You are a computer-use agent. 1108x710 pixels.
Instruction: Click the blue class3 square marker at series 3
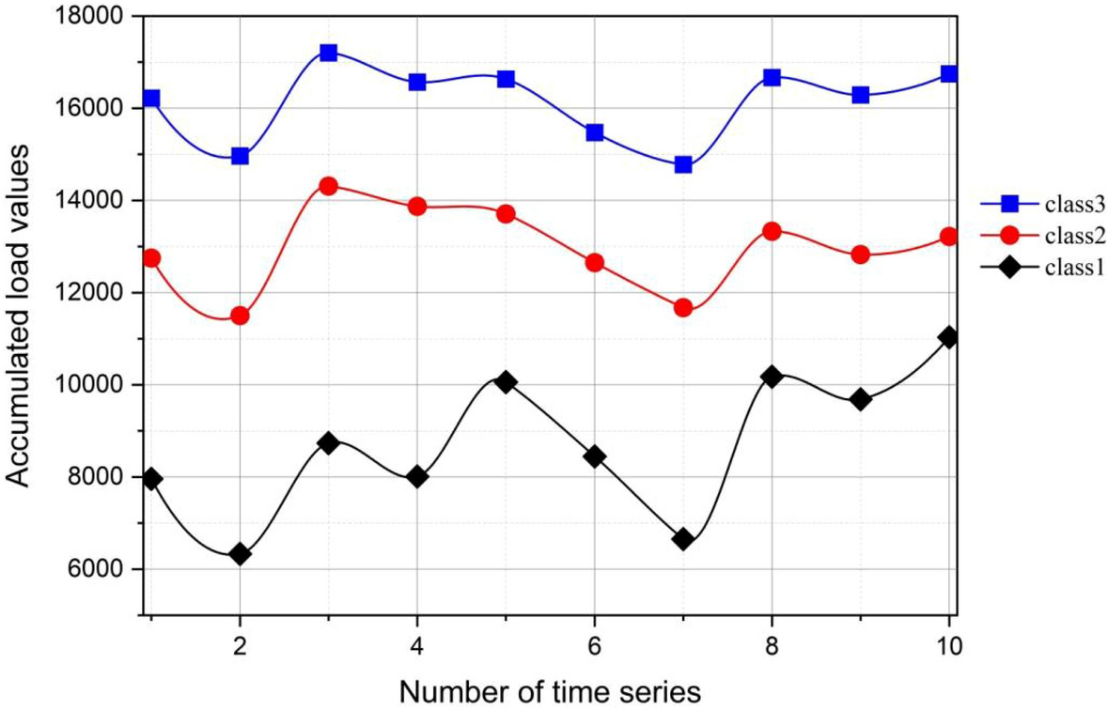click(x=328, y=53)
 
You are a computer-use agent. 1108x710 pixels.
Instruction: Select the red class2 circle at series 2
click(x=240, y=316)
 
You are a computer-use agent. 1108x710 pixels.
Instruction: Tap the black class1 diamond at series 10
click(x=948, y=337)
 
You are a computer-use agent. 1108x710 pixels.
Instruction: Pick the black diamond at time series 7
click(x=683, y=539)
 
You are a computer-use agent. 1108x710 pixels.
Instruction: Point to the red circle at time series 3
click(x=328, y=186)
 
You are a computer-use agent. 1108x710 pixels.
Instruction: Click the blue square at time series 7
click(x=683, y=165)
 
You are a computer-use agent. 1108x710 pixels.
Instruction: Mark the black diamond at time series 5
click(x=506, y=381)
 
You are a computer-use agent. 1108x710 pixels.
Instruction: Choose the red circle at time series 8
click(x=772, y=231)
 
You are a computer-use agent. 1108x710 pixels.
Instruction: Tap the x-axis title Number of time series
click(x=550, y=691)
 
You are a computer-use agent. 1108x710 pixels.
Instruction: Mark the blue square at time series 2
click(x=240, y=156)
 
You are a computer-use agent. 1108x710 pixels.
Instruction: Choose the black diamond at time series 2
click(x=240, y=554)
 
